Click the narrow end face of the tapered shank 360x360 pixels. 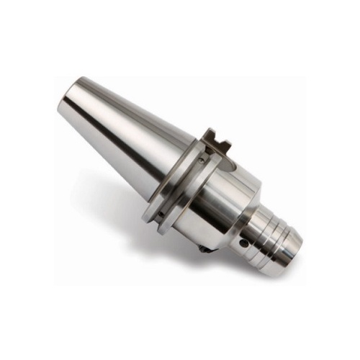[x=69, y=101]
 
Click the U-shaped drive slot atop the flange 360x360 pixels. [x=215, y=140]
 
